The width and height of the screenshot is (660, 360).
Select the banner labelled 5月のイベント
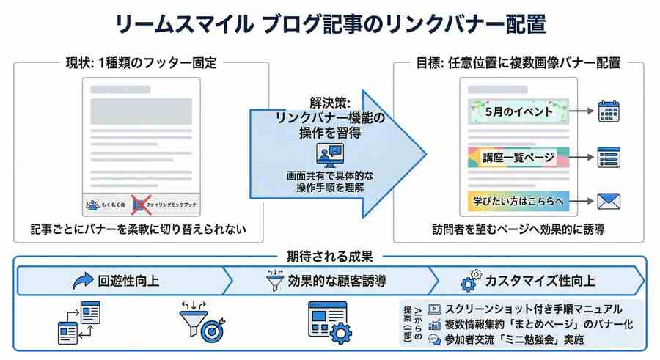pyautogui.click(x=514, y=114)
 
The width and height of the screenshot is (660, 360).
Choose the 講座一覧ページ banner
pyautogui.click(x=514, y=156)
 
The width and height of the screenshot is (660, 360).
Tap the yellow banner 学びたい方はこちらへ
pyautogui.click(x=514, y=199)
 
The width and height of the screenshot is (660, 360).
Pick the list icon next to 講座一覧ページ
pyautogui.click(x=609, y=156)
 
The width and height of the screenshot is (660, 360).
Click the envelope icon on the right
pyautogui.click(x=609, y=199)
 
